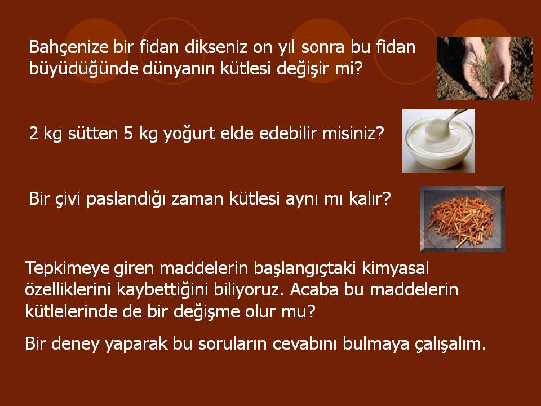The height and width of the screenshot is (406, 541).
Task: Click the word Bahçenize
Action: tap(69, 47)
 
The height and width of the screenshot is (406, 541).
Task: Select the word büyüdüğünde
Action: tap(83, 68)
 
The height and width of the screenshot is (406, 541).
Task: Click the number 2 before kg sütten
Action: tap(33, 134)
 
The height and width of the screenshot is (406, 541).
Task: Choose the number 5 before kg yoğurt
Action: tap(128, 134)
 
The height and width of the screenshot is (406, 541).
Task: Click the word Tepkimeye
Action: tap(67, 268)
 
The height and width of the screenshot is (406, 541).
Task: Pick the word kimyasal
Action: tap(396, 268)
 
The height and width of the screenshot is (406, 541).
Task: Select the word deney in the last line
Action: tap(75, 344)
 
